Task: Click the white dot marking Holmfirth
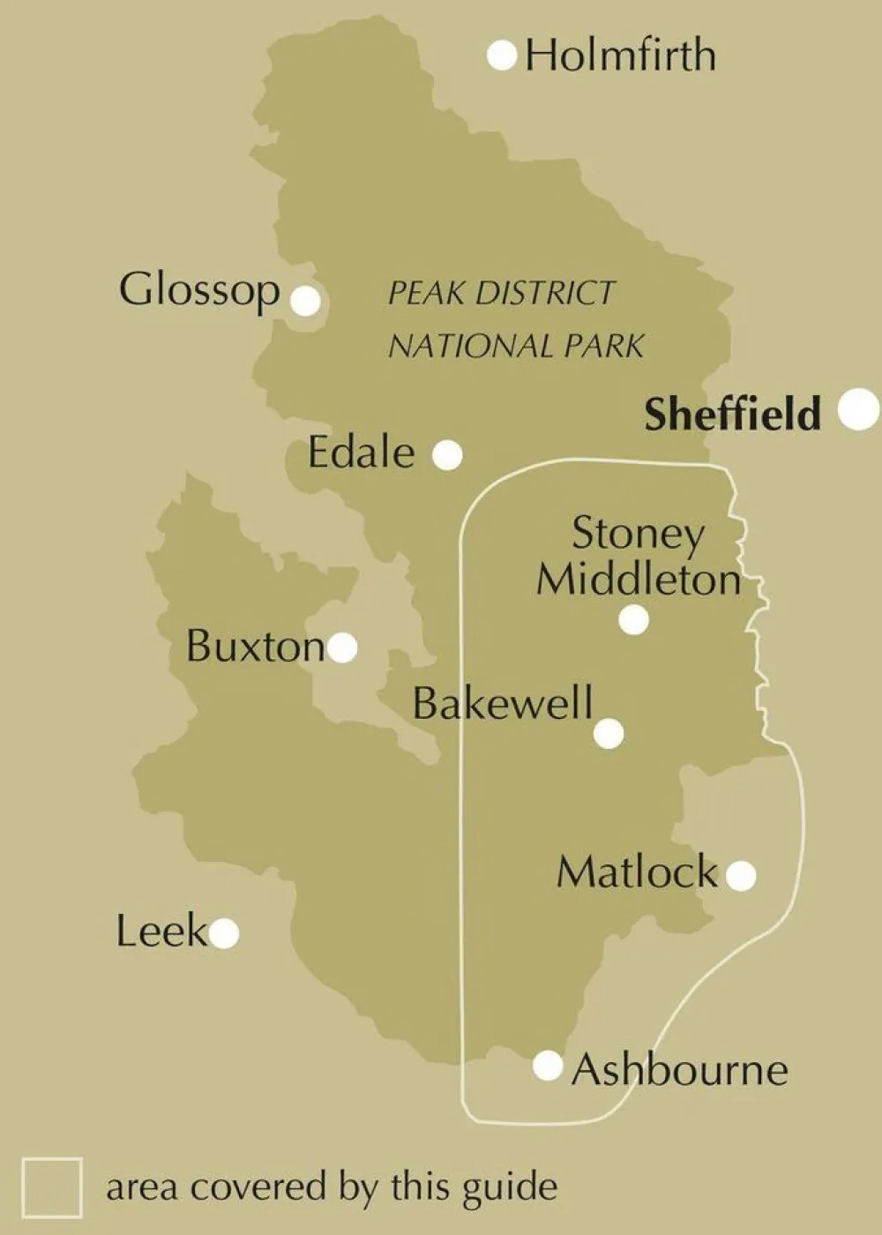(502, 56)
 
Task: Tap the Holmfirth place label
(620, 56)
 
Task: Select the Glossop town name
(199, 290)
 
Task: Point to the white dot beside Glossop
(305, 301)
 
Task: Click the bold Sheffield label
(732, 414)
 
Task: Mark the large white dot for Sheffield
(857, 409)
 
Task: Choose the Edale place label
(361, 453)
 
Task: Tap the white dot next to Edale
(447, 455)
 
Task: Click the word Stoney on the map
(638, 534)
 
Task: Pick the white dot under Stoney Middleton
(633, 620)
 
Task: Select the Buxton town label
(255, 647)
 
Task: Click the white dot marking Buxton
(342, 647)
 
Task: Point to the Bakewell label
(503, 704)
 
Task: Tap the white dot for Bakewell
(609, 733)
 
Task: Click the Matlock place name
(637, 872)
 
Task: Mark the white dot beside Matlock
(741, 876)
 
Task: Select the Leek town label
(161, 932)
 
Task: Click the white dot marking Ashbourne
(548, 1066)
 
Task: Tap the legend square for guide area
(52, 1187)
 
